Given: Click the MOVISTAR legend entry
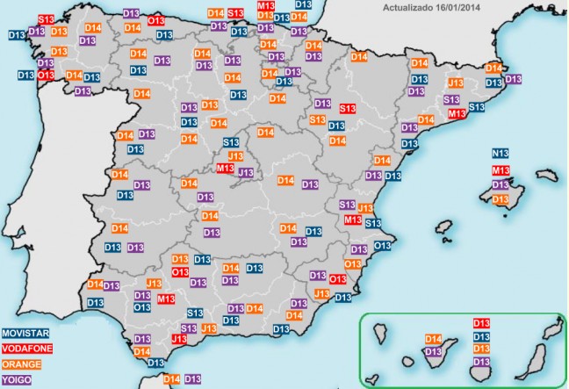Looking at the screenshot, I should pos(25,334).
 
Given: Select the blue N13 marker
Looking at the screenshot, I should pos(501,153).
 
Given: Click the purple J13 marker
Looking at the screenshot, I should pos(247,173).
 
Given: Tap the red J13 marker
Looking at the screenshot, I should pos(179,339).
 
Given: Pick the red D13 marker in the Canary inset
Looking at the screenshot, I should pos(481,323).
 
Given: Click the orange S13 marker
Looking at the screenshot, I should pos(319,119).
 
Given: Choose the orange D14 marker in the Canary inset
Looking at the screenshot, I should pos(434,339).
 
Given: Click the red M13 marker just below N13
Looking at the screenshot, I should pos(501,169).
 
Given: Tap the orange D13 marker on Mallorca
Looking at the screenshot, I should pos(501,200).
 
